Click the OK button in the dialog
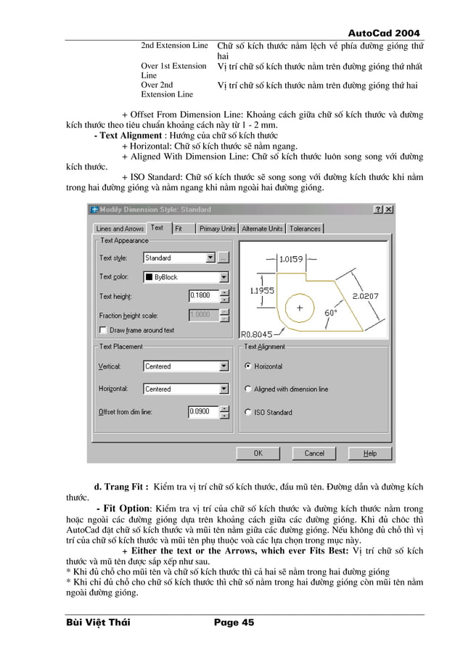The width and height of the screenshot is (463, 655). click(x=258, y=453)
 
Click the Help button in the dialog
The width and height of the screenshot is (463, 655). click(x=370, y=453)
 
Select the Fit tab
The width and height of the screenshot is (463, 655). click(x=179, y=228)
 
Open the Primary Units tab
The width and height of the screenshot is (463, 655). click(x=217, y=228)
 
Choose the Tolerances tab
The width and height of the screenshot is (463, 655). click(x=305, y=228)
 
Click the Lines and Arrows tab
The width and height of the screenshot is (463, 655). click(x=120, y=228)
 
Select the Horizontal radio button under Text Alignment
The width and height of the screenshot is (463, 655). click(x=247, y=366)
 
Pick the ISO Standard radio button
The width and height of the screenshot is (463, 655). click(x=247, y=412)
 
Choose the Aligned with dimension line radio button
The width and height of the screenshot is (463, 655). click(x=247, y=389)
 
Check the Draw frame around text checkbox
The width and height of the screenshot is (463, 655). click(x=102, y=330)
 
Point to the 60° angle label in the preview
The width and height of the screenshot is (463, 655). click(x=330, y=313)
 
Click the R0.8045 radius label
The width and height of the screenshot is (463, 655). click(x=257, y=334)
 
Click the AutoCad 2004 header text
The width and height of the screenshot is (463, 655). click(x=385, y=33)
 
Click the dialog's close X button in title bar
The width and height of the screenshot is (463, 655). click(x=389, y=210)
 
